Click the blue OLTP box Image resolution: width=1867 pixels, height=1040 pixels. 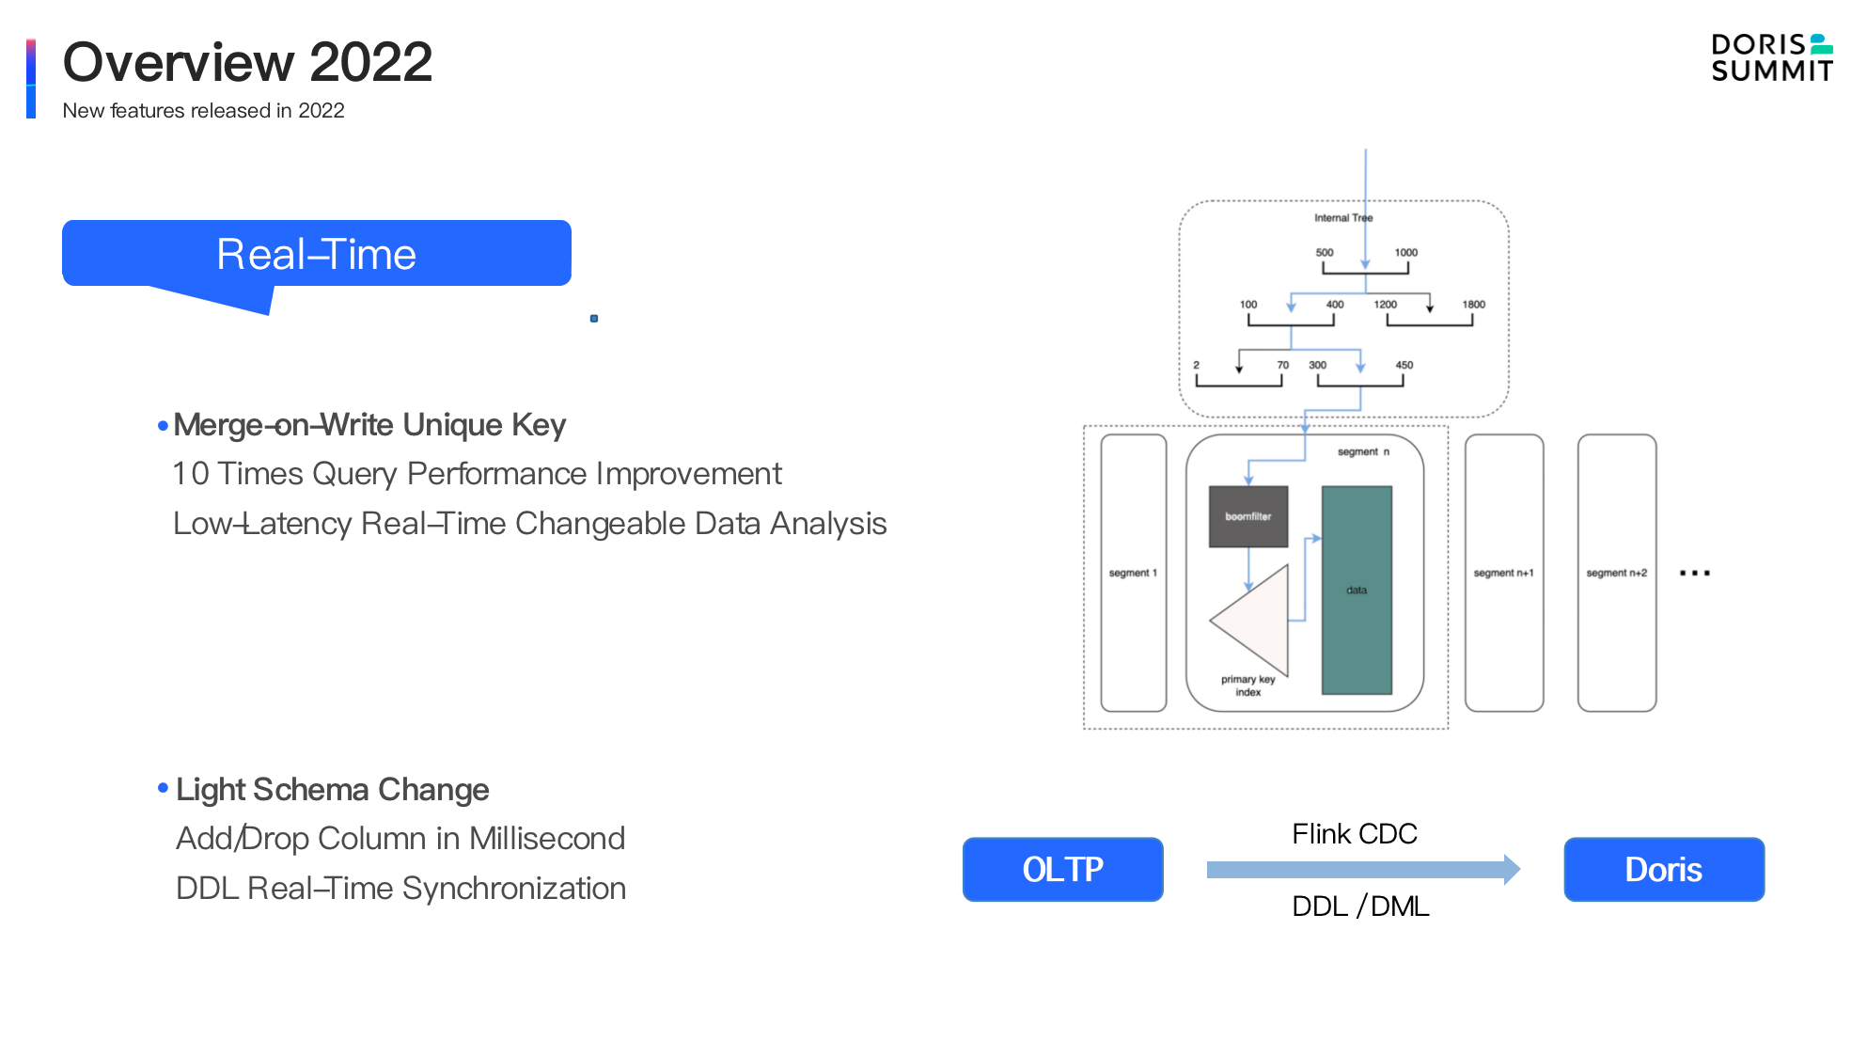[1062, 869]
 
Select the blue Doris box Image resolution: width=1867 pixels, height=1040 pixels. [1663, 869]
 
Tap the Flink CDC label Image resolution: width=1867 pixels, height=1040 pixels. [1354, 834]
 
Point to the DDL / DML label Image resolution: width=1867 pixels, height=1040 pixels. [1359, 906]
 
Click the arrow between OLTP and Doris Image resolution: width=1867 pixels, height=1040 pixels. [1363, 870]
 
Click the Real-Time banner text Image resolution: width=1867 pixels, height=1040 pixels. [316, 254]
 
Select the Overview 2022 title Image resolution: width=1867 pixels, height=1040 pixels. [247, 62]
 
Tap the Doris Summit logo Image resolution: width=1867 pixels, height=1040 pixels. [1771, 58]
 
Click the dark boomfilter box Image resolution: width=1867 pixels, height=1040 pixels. [1247, 516]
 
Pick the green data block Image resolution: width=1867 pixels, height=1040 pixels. [1357, 590]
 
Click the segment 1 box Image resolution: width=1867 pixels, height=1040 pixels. [1133, 573]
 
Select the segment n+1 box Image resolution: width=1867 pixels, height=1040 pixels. [1503, 573]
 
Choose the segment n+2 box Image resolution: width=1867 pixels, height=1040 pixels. [1616, 573]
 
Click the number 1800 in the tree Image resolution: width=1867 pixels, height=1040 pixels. [1473, 305]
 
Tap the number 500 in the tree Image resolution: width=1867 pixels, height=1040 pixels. [1324, 253]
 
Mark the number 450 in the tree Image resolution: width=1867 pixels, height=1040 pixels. [1404, 365]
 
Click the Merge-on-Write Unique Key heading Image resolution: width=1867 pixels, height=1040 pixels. [369, 425]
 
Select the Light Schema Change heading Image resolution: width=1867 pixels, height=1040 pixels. [332, 790]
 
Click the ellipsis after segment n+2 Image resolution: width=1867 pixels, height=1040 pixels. [1694, 573]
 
